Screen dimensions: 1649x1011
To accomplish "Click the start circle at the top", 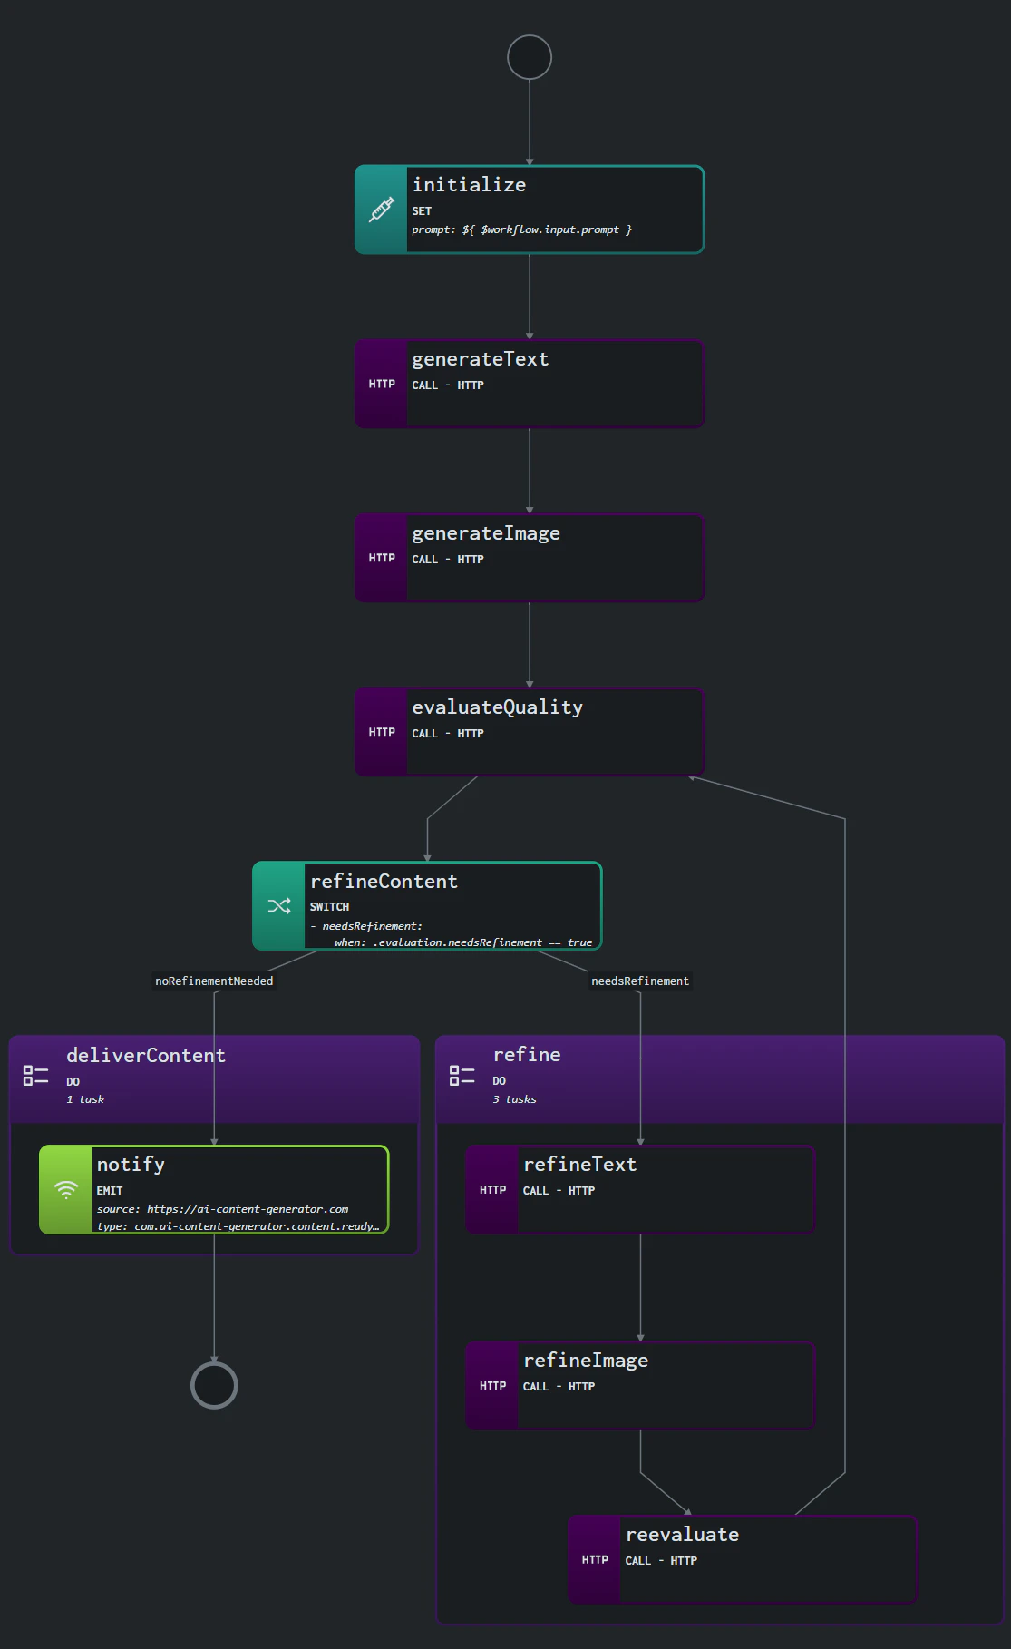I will pyautogui.click(x=530, y=57).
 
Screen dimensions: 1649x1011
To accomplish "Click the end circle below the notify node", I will pyautogui.click(x=214, y=1385).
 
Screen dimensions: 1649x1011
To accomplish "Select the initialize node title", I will pyautogui.click(x=469, y=185).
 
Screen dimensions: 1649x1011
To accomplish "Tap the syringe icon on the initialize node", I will pyautogui.click(x=382, y=210).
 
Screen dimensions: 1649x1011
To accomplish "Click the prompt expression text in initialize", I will pyautogui.click(x=521, y=229).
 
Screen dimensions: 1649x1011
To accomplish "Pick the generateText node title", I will pyautogui.click(x=480, y=359).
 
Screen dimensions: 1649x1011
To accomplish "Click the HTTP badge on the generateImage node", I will pyautogui.click(x=382, y=558).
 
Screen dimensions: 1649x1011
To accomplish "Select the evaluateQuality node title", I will pyautogui.click(x=497, y=707).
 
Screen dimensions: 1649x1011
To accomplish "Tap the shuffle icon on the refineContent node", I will pyautogui.click(x=279, y=906).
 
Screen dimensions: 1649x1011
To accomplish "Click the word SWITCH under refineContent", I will pyautogui.click(x=329, y=907).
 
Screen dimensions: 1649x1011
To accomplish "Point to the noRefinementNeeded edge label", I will pyautogui.click(x=214, y=981).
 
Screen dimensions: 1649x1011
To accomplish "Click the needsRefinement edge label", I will pyautogui.click(x=640, y=981).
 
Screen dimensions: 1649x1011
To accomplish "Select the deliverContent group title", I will pyautogui.click(x=146, y=1056).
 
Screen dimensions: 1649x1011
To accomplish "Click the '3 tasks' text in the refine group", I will pyautogui.click(x=514, y=1099).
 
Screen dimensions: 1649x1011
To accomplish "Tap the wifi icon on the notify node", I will pyautogui.click(x=66, y=1190).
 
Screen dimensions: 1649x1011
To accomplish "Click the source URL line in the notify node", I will pyautogui.click(x=222, y=1209).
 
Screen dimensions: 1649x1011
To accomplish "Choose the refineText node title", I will pyautogui.click(x=579, y=1165).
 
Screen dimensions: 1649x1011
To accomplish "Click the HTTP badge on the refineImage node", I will pyautogui.click(x=492, y=1385).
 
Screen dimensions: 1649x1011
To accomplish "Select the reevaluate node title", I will pyautogui.click(x=682, y=1535).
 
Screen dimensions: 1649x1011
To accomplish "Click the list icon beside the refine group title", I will pyautogui.click(x=462, y=1076).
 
